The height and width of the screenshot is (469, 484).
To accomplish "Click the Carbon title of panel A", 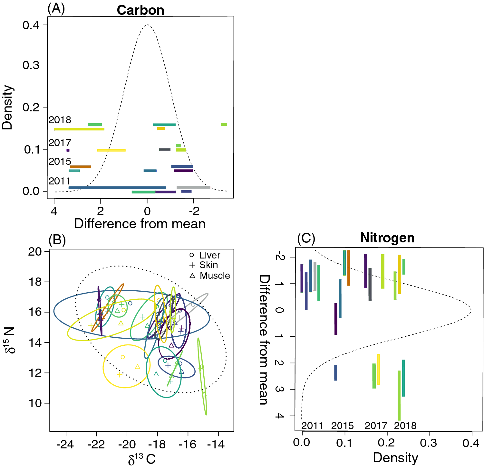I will tap(140, 10).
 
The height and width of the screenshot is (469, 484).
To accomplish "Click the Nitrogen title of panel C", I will tap(387, 238).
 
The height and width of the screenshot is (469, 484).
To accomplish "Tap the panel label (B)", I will tap(57, 240).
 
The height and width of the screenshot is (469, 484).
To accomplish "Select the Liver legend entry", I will tap(209, 255).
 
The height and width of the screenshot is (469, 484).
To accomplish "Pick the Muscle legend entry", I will tap(215, 276).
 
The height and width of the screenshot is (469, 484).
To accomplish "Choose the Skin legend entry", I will tap(208, 265).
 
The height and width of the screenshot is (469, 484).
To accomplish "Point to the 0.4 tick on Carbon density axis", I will tap(31, 25).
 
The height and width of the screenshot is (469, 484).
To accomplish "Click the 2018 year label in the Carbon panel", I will tap(60, 120).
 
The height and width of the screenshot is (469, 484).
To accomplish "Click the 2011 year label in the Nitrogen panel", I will tap(312, 426).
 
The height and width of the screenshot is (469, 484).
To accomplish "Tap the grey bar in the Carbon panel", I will tap(193, 187).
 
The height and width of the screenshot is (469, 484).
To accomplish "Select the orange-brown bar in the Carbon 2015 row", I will tap(81, 167).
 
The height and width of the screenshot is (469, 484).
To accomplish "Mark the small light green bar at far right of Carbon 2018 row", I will tap(224, 125).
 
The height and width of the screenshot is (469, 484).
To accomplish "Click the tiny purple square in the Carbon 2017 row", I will tap(68, 150).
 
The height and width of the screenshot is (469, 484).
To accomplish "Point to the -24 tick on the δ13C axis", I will tap(65, 445).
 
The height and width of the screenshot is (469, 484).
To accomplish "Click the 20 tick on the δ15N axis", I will tap(35, 251).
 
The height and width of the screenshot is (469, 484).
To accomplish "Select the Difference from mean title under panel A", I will tap(140, 224).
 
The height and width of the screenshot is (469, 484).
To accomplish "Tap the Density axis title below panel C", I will tap(395, 457).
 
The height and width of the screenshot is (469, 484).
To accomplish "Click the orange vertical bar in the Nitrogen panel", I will tap(349, 268).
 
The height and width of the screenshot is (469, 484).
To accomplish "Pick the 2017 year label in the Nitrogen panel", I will tap(376, 426).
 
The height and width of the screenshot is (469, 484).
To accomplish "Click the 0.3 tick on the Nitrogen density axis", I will tap(429, 443).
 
